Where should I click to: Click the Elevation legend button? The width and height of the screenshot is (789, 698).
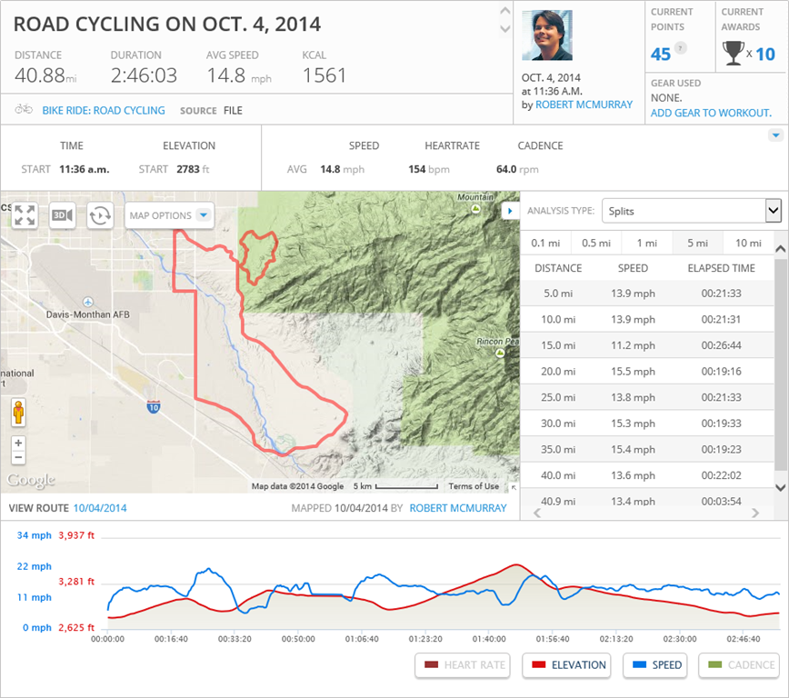[569, 665]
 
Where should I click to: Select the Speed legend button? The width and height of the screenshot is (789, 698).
[654, 665]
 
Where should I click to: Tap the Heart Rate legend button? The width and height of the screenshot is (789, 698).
[462, 665]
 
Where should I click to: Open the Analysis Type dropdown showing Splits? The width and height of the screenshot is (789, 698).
[691, 211]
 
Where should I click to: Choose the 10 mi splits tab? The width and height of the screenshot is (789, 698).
[748, 243]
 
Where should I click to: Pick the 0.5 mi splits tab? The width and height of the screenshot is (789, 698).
[595, 243]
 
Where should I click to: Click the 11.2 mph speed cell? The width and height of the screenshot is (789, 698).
[633, 345]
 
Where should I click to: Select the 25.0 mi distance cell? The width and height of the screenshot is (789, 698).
[558, 397]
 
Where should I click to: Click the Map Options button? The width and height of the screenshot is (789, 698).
[169, 215]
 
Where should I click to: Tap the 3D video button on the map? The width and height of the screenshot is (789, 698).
[63, 215]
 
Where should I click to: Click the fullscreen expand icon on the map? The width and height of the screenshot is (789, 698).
[25, 215]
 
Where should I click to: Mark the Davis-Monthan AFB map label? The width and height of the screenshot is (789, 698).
[88, 314]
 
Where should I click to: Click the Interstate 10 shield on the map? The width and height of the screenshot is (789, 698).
[154, 406]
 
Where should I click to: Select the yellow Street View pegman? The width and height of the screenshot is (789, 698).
[18, 414]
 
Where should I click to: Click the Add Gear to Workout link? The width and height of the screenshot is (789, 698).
[711, 113]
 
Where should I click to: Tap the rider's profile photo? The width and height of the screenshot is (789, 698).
[547, 35]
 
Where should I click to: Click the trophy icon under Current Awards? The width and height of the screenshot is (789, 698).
[733, 54]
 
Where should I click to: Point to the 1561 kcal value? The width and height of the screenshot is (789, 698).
[325, 75]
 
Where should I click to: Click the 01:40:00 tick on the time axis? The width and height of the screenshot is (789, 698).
[490, 639]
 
